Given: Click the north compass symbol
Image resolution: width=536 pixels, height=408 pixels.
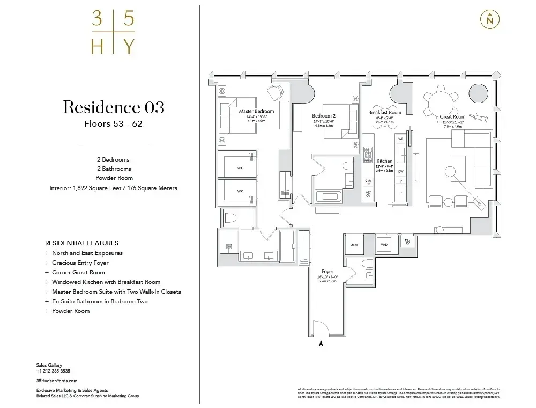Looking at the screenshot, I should coord(489,19).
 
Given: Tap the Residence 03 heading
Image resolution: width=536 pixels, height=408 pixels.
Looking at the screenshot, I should coord(113,107).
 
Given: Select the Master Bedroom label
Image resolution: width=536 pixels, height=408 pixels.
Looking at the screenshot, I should coord(256,111).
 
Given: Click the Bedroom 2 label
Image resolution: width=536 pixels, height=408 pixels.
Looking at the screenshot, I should coord(324,115).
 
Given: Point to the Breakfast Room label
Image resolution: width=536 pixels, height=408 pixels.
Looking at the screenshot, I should coord(384,113).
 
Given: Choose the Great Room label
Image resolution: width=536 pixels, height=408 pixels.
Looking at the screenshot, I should coord(452,116).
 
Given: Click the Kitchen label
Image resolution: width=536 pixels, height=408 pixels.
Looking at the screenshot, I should coord(384,161).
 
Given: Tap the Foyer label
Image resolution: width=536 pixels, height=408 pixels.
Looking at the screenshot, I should coord(327,272).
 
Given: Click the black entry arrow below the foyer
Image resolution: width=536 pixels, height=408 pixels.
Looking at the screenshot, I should coord(321,344).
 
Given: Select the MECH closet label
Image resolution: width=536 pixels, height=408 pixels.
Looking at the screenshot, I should coord(354,245).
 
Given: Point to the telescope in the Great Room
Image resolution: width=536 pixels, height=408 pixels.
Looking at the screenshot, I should coord(478,118).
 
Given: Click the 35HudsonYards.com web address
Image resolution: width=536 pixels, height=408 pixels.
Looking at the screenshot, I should coord(53,380).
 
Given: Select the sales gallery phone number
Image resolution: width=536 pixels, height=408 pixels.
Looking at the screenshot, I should coord(53,371).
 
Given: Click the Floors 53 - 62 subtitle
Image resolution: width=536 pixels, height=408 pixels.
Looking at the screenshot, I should coord(113,124).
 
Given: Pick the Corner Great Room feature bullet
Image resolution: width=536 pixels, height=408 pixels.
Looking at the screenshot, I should coord(78,272).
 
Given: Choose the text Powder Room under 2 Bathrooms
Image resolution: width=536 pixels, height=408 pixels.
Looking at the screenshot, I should coord(113,178).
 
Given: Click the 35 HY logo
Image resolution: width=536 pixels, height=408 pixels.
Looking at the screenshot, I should coord(113,33).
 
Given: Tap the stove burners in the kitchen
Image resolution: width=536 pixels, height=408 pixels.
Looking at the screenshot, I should coord(368,155).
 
